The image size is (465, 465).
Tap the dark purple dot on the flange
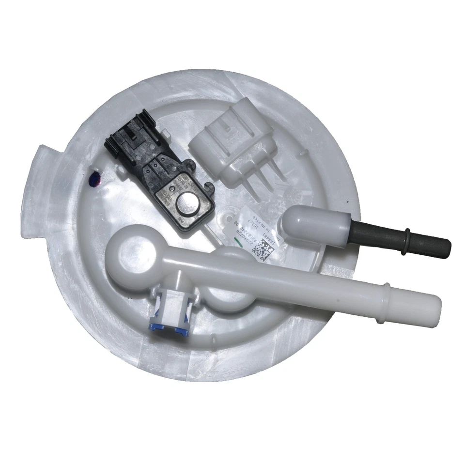pos(93,181)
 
